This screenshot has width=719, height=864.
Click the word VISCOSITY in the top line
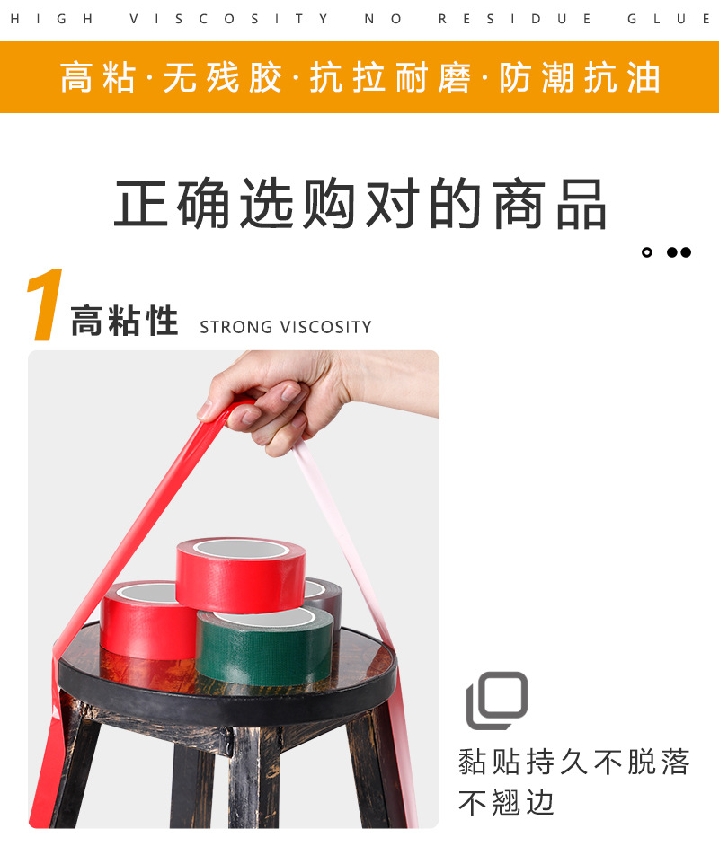(x=229, y=19)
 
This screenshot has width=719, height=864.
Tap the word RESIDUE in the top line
(x=515, y=19)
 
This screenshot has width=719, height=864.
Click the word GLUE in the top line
(x=670, y=19)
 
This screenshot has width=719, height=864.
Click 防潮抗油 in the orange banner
(x=580, y=78)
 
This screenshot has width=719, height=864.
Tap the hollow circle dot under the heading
(x=647, y=252)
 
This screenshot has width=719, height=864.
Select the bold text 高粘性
(x=125, y=322)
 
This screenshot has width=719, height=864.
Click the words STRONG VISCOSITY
(x=285, y=327)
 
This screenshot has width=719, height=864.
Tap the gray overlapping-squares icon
(x=496, y=700)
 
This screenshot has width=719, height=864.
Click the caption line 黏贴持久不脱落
(x=573, y=763)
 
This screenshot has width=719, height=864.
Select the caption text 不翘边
(x=506, y=801)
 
